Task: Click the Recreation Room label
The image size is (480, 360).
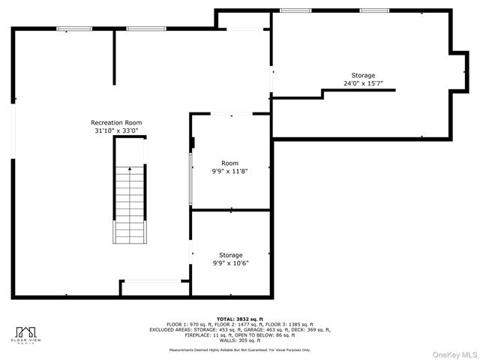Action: click(116, 122)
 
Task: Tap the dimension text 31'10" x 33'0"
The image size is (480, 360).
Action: click(116, 130)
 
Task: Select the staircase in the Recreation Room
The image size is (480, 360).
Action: click(130, 203)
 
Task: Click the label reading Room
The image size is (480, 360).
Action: click(229, 163)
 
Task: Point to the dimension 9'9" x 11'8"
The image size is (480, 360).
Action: click(229, 171)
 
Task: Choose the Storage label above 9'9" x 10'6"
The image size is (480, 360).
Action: click(230, 255)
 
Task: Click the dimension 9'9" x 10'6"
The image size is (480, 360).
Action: click(230, 263)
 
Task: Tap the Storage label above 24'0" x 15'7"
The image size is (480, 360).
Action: click(363, 75)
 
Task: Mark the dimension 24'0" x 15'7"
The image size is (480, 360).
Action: click(363, 83)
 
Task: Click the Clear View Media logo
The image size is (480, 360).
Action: click(28, 334)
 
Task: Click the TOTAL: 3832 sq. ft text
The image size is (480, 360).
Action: click(240, 318)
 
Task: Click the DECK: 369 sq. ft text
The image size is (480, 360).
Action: click(313, 329)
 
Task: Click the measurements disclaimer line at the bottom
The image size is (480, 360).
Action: click(240, 349)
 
